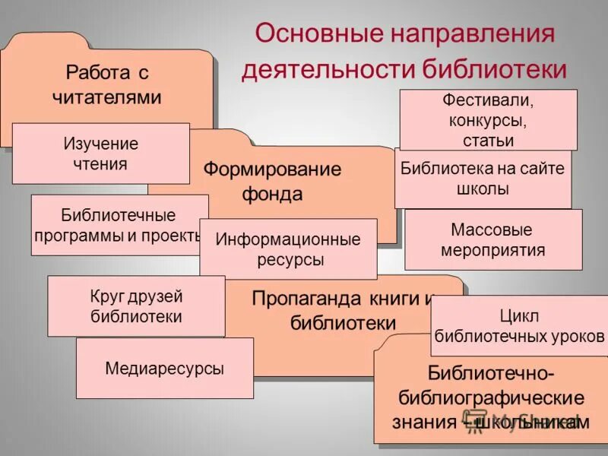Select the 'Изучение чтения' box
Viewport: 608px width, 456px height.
coord(100,154)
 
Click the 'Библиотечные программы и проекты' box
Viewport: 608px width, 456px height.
coord(119,225)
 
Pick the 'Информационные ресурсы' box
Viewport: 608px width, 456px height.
coord(287,249)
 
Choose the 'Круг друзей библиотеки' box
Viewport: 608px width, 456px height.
coord(136,306)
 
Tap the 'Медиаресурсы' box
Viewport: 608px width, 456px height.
coord(164,369)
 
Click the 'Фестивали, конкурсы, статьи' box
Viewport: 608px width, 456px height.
coord(488,120)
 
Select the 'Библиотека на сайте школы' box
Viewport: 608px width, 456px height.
coord(483,179)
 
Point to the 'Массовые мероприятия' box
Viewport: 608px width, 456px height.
coord(492,240)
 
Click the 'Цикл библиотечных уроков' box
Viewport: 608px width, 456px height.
coord(520,325)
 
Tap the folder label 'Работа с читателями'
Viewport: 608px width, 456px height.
coord(106,85)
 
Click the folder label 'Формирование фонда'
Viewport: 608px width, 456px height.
coord(272,181)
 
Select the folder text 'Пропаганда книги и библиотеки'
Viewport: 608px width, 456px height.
coord(344,310)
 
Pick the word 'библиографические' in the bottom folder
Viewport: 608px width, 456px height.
coord(491,398)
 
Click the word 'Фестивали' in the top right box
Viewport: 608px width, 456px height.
coord(488,101)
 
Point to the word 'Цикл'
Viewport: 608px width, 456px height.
coord(520,315)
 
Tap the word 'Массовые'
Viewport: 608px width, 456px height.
coord(492,230)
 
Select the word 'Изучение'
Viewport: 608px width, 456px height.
coord(100,144)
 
